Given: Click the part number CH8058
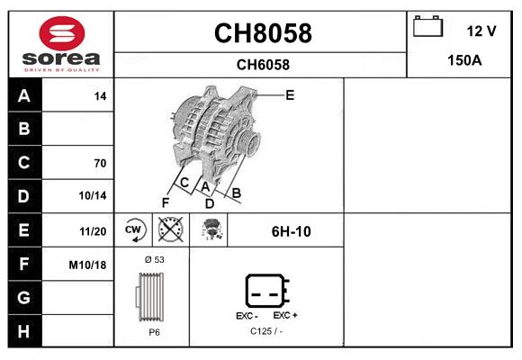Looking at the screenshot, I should [x=262, y=33].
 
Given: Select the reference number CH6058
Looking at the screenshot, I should [x=262, y=64].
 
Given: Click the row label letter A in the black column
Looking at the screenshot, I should [x=23, y=96].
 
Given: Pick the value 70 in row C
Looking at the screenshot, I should [x=100, y=163].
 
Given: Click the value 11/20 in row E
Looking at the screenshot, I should [x=93, y=230].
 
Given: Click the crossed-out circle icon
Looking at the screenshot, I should [x=170, y=230].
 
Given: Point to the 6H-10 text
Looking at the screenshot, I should [x=291, y=231].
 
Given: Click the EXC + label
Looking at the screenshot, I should [x=285, y=316].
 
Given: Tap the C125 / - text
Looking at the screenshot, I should [x=265, y=332].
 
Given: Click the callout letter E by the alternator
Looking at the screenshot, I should [x=290, y=94].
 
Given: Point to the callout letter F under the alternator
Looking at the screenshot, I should [x=166, y=202].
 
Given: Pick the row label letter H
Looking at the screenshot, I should [x=23, y=331].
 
